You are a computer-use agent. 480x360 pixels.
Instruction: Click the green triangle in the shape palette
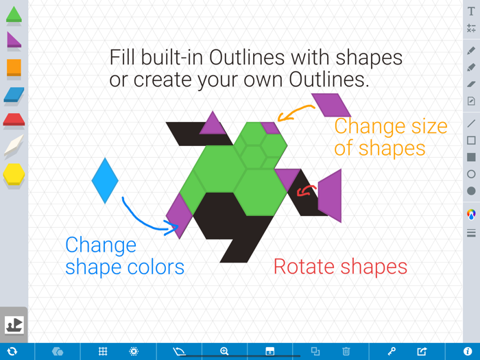14,14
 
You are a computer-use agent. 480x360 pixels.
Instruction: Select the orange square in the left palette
14,67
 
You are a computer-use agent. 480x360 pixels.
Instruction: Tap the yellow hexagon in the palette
14,173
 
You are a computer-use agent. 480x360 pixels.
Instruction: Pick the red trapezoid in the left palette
14,121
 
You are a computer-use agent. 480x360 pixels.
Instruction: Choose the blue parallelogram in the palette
14,95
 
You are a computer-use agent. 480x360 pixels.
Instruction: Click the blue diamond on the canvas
105,180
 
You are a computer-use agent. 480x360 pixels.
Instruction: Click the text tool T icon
471,12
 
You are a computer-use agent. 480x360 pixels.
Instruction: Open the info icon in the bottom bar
468,352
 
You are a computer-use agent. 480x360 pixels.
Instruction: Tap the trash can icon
346,352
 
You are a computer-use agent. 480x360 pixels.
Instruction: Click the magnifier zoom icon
224,352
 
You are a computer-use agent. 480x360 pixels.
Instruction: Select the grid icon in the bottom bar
103,352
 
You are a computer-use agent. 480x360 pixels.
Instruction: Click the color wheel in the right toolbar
471,214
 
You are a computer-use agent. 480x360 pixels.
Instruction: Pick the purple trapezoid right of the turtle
331,195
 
